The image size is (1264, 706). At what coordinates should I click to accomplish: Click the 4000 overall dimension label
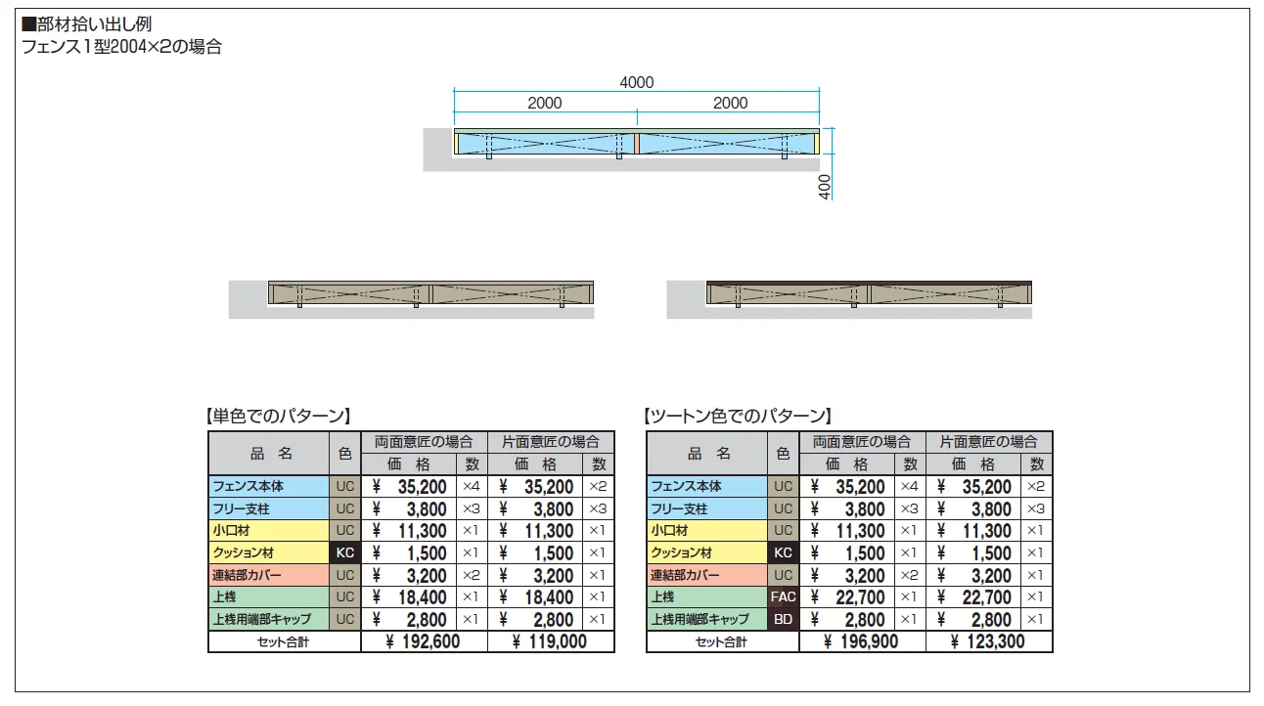pyautogui.click(x=637, y=82)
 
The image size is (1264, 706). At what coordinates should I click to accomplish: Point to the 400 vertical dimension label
pyautogui.click(x=825, y=187)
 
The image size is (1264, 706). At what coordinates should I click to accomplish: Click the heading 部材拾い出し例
pyautogui.click(x=87, y=24)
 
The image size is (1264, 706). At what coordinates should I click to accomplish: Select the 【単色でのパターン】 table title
pyautogui.click(x=278, y=417)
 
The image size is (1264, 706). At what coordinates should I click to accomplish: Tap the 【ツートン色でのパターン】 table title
pyautogui.click(x=738, y=417)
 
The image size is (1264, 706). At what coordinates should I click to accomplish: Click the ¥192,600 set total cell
pyautogui.click(x=424, y=641)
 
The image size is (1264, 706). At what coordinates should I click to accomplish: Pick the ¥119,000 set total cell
pyautogui.click(x=550, y=641)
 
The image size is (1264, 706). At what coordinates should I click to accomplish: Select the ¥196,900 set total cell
pyautogui.click(x=862, y=641)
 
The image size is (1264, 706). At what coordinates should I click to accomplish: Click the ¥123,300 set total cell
pyautogui.click(x=988, y=641)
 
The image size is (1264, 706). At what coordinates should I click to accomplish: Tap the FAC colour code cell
pyautogui.click(x=783, y=596)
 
